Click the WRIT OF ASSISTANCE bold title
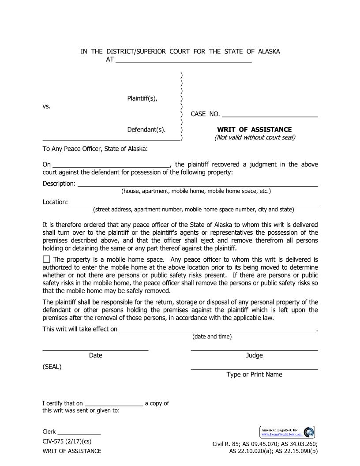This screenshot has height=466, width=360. (x=254, y=130)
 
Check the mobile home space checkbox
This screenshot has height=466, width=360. (x=46, y=259)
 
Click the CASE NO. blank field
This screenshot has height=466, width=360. (x=270, y=114)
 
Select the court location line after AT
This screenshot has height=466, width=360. (x=183, y=60)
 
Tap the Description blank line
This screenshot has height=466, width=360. (x=198, y=184)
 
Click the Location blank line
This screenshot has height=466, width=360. (x=194, y=202)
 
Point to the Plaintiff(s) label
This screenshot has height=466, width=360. (x=142, y=98)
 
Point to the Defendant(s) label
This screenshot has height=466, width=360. (x=146, y=130)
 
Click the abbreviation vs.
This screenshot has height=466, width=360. (x=46, y=106)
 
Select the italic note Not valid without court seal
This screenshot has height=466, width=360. (x=255, y=137)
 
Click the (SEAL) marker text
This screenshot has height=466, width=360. (x=52, y=367)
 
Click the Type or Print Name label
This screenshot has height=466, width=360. (x=254, y=375)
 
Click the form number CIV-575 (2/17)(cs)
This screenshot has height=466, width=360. (x=67, y=441)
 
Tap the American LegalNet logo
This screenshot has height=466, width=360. (x=287, y=432)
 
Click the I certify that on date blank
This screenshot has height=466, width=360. (x=113, y=403)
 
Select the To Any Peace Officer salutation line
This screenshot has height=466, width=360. (x=95, y=149)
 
